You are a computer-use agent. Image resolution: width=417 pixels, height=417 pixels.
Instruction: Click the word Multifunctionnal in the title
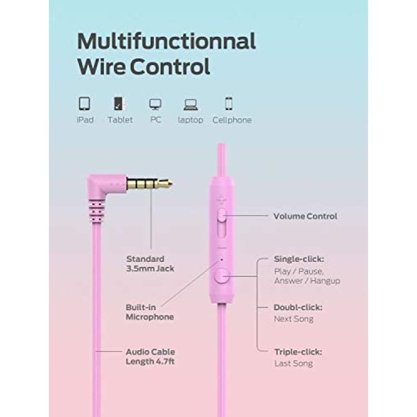166,41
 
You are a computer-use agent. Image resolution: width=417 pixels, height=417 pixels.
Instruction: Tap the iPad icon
85,103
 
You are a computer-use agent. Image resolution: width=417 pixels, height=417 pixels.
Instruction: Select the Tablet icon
120,103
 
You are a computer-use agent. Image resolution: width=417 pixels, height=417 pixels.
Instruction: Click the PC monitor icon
155,105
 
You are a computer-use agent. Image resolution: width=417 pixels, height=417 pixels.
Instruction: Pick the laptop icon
190,105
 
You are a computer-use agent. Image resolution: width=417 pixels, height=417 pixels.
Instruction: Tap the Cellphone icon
229,103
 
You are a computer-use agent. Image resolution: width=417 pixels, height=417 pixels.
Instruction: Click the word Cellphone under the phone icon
232,120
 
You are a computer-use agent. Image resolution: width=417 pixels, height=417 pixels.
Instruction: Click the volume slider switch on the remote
221,215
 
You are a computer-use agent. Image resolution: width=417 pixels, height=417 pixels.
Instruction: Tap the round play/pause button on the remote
222,276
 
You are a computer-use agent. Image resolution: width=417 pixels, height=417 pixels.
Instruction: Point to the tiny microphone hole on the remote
222,260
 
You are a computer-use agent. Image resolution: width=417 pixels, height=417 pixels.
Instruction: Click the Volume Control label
305,216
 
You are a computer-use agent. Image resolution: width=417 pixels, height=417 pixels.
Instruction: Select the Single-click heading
299,259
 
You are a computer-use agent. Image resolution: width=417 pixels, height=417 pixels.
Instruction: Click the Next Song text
294,319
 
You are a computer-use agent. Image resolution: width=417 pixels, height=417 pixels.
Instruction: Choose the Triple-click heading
298,352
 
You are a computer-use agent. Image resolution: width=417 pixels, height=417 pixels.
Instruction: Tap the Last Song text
294,363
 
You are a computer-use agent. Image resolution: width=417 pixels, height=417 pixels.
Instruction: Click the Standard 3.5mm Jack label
150,264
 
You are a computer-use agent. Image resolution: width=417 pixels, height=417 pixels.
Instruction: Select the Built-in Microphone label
150,312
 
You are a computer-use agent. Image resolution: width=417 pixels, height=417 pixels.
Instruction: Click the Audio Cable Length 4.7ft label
150,356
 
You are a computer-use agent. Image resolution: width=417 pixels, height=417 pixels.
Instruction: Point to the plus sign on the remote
221,200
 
